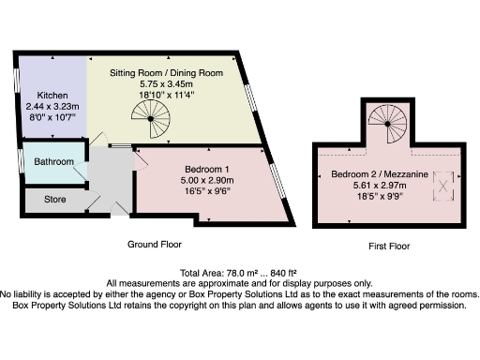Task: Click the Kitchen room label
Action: [x=51, y=96]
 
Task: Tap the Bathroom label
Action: [x=53, y=162]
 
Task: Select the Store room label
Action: [x=55, y=200]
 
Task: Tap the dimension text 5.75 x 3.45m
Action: [x=167, y=83]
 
